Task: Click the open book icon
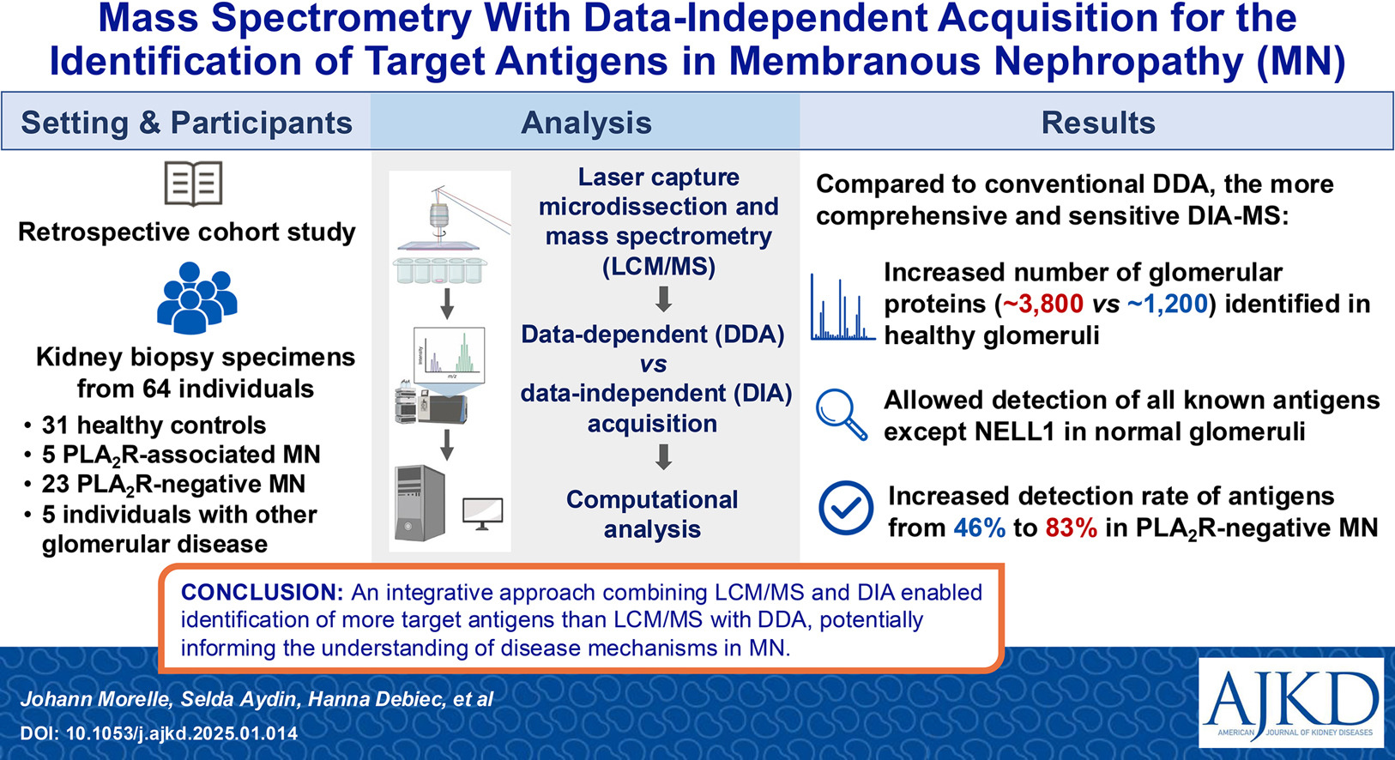[x=193, y=184]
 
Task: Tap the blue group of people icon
[x=196, y=298]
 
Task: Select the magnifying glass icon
[x=842, y=414]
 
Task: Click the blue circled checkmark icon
[x=846, y=508]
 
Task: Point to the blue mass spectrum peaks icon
[x=842, y=307]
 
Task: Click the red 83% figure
[x=1072, y=528]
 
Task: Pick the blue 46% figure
[x=980, y=528]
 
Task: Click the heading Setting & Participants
[x=187, y=122]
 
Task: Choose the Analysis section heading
[x=586, y=122]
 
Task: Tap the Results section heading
[x=1098, y=122]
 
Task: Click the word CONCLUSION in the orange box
[x=263, y=592]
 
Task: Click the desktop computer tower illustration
[x=420, y=503]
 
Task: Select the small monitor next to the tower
[x=483, y=514]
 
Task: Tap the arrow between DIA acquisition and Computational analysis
[x=663, y=457]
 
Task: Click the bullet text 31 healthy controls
[x=154, y=425]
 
